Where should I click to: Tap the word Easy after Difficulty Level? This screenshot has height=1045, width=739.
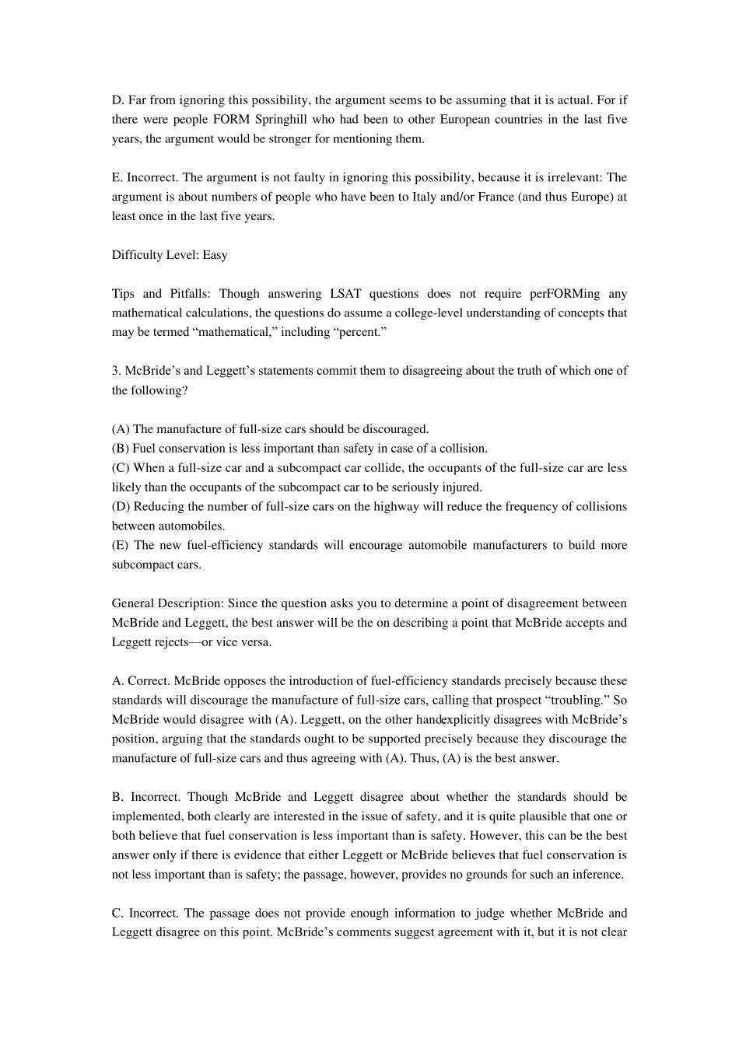click(215, 255)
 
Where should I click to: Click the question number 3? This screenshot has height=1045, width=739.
click(115, 371)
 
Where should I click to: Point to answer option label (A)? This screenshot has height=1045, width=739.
click(121, 429)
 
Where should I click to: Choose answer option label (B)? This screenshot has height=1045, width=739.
click(121, 449)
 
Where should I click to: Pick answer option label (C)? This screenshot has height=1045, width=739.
click(121, 468)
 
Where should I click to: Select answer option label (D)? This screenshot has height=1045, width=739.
click(121, 507)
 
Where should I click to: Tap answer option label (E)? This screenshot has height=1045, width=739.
click(121, 546)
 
